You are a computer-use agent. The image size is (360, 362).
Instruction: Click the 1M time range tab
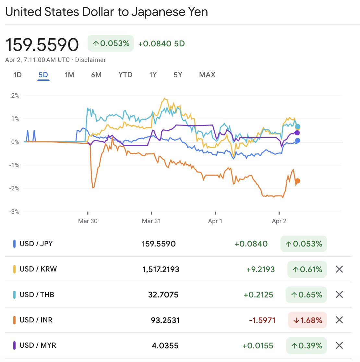point(69,75)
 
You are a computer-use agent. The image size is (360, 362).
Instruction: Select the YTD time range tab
point(126,75)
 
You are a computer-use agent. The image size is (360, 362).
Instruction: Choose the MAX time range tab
point(207,75)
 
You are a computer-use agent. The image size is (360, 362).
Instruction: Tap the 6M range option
point(96,75)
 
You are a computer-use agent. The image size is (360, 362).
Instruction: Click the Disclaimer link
point(90,60)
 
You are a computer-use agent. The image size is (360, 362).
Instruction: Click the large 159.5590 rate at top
point(42,44)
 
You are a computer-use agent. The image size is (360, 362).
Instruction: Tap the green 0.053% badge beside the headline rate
point(111,43)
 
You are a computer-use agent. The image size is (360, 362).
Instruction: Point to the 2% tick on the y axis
point(15,96)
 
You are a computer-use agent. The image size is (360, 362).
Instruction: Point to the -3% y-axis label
point(14,212)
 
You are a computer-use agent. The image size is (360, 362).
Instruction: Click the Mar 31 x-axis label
point(151,221)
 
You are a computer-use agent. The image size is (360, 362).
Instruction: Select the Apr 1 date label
point(215,221)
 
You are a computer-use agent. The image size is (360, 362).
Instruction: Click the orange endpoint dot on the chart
point(297,181)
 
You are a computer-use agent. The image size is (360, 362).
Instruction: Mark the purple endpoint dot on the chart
point(297,133)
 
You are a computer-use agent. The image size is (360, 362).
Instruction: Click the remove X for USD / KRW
point(339,269)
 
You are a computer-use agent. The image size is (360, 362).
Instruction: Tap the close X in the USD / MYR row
point(339,345)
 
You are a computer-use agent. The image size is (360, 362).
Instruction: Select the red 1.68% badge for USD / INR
point(307,320)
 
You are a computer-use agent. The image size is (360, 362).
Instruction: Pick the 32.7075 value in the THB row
point(163,295)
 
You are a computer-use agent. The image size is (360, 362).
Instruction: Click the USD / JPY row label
point(36,244)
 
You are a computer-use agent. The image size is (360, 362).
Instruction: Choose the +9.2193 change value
point(261,270)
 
